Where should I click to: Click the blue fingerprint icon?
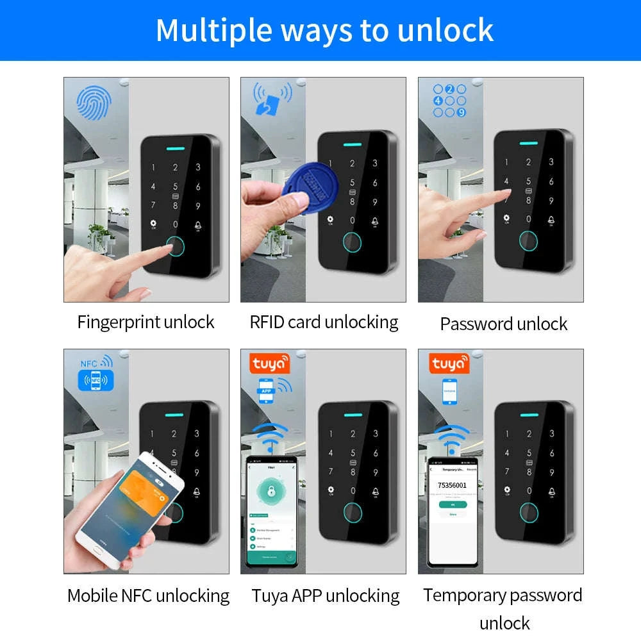(x=94, y=103)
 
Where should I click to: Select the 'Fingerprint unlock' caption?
(x=146, y=322)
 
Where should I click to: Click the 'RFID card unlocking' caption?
(x=324, y=322)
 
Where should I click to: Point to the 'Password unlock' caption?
(x=503, y=324)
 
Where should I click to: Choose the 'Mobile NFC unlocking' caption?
(x=148, y=595)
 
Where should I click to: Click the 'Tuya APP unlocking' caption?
(x=326, y=595)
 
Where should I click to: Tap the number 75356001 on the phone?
(x=452, y=485)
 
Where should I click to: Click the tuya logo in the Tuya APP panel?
(x=270, y=363)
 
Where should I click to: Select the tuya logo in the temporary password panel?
(x=449, y=363)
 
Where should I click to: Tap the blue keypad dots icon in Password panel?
(x=449, y=101)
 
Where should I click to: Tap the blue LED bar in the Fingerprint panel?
(x=174, y=145)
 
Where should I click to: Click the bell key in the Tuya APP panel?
(x=375, y=492)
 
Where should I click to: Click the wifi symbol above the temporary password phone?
(x=453, y=438)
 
